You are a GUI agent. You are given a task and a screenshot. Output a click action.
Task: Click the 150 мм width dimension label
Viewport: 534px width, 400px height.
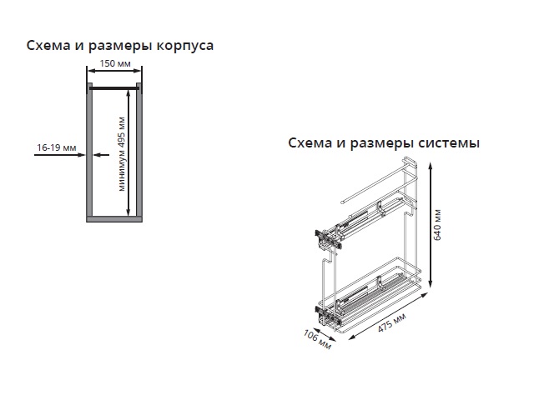point(115,63)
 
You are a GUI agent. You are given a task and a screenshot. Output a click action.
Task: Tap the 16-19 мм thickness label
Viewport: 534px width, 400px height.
point(57,147)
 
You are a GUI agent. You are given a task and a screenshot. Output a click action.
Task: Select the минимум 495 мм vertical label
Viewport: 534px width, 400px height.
point(122,154)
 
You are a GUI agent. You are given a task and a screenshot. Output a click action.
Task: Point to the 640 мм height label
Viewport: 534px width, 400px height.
point(437,224)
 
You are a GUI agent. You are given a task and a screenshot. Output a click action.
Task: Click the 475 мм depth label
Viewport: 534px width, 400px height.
point(392,322)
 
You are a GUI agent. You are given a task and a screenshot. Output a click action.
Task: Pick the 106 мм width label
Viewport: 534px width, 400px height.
point(317,339)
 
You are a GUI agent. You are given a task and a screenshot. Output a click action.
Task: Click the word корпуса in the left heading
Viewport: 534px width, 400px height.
point(185,46)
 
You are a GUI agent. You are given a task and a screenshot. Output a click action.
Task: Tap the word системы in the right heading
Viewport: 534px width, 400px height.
point(449,143)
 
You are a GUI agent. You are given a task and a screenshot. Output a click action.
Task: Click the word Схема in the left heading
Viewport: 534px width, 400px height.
point(48,46)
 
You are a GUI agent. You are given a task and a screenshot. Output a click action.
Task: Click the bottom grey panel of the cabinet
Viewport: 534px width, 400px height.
point(114,219)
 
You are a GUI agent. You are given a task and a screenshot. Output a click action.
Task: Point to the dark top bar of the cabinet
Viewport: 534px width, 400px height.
point(114,88)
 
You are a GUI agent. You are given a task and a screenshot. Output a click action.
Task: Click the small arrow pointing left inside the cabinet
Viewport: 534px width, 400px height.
point(101,155)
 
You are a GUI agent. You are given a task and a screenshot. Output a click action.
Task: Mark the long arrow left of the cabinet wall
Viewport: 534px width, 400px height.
point(59,155)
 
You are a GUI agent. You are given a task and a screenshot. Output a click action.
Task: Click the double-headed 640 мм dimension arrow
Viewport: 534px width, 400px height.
point(431,225)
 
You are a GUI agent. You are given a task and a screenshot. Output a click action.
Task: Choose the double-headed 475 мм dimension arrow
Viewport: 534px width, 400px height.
point(389,315)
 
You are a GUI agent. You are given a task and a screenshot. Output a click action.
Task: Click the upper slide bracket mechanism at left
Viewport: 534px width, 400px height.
point(328,237)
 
